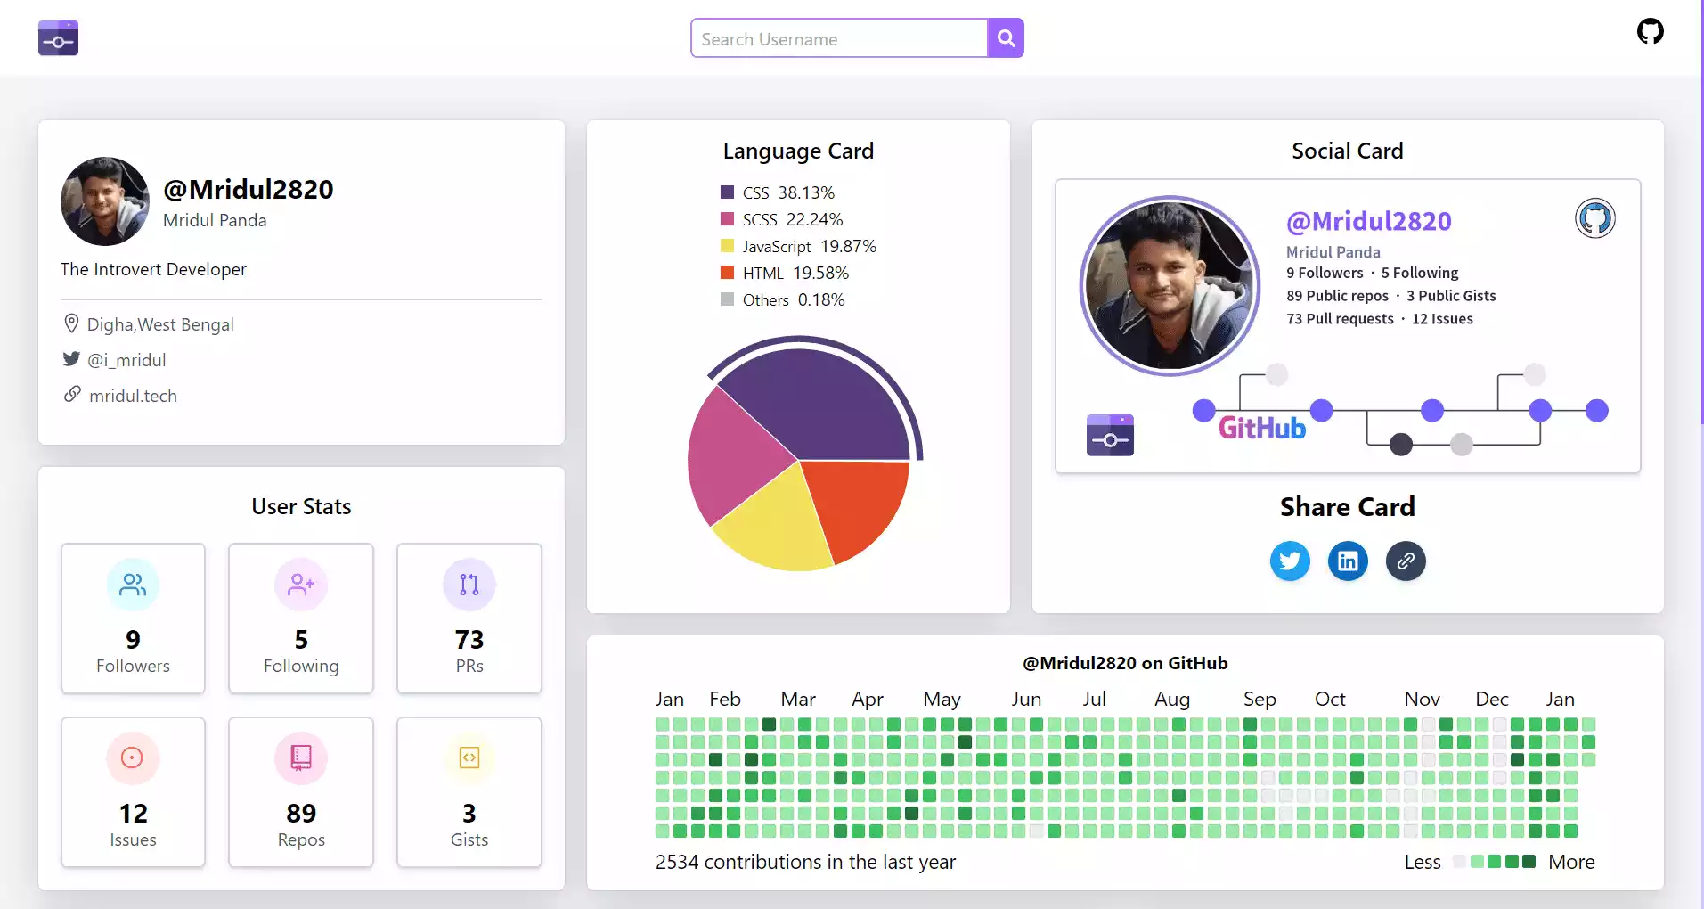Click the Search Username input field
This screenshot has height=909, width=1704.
838,38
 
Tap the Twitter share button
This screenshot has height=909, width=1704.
1290,561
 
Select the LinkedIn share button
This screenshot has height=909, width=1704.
1348,561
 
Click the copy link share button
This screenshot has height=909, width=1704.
1406,561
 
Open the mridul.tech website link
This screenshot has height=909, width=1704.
133,396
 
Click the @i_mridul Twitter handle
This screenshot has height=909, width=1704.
126,360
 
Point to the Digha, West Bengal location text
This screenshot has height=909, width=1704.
160,324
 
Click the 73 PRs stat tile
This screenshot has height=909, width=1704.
469,618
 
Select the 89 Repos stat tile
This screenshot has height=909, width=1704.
301,792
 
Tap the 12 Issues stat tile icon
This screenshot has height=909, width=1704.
132,757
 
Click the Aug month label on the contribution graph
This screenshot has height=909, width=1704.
1171,700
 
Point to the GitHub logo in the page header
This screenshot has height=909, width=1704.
1650,32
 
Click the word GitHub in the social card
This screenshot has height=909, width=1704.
1261,429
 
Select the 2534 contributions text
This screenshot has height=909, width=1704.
805,862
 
